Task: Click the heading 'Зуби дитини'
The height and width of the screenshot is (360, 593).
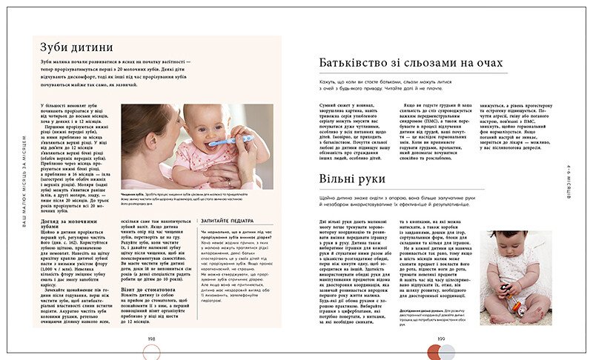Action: click(x=76, y=48)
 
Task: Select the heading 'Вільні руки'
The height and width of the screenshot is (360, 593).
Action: click(x=351, y=179)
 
